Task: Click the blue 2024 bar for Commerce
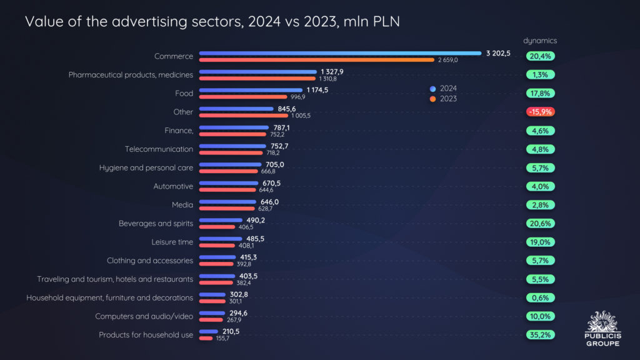coord(341,53)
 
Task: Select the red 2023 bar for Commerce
coord(317,60)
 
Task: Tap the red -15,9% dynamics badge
coord(541,112)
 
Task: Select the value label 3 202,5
coord(498,53)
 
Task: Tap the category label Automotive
coord(173,186)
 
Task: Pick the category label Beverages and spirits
coord(156,223)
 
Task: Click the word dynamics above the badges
coord(540,41)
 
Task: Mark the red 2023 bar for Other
coord(244,116)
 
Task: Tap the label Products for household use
coord(146,335)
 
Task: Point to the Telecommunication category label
coord(159,149)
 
